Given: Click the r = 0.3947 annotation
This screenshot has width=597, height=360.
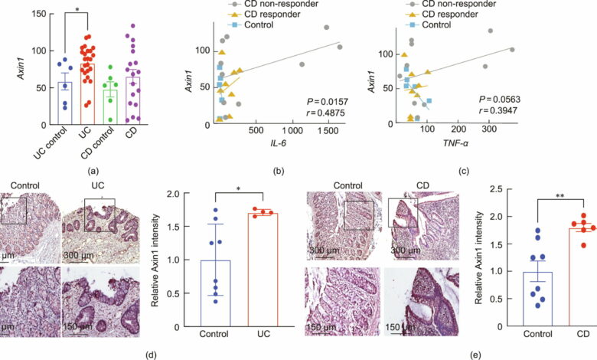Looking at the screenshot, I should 499,111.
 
